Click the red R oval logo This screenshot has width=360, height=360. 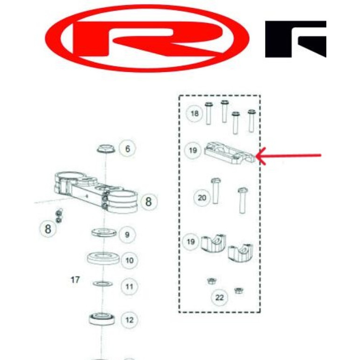pyautogui.click(x=147, y=38)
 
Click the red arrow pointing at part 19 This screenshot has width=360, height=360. pyautogui.click(x=288, y=156)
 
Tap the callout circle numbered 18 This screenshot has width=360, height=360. pyautogui.click(x=194, y=114)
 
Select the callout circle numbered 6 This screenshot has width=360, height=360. pyautogui.click(x=128, y=149)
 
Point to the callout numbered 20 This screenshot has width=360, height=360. pyautogui.click(x=202, y=198)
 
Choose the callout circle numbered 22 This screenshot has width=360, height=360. pyautogui.click(x=219, y=297)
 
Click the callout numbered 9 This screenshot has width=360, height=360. pyautogui.click(x=127, y=235)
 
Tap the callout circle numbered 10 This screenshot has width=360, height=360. pyautogui.click(x=130, y=260)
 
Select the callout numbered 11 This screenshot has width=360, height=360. pyautogui.click(x=130, y=287)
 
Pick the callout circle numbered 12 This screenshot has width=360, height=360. pyautogui.click(x=130, y=320)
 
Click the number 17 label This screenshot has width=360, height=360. pyautogui.click(x=75, y=280)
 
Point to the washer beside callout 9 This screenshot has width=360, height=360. pyautogui.click(x=104, y=232)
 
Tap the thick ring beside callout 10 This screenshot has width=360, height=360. pyautogui.click(x=103, y=258)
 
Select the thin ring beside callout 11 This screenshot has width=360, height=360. pyautogui.click(x=103, y=284)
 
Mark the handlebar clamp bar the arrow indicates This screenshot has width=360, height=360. pyautogui.click(x=230, y=153)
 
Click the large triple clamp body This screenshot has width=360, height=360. pyautogui.click(x=96, y=192)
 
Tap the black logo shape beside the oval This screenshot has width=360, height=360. pyautogui.click(x=295, y=39)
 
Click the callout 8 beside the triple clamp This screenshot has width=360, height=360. pyautogui.click(x=149, y=202)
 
